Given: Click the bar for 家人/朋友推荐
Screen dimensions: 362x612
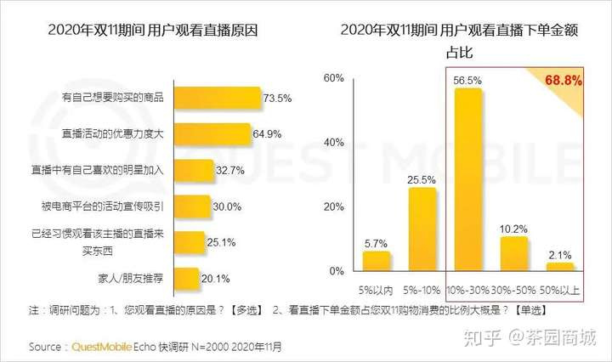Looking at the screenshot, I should (x=190, y=277).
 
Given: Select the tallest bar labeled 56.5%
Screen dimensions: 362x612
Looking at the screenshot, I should (x=468, y=178).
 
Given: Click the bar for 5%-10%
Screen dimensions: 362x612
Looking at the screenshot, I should (x=422, y=229).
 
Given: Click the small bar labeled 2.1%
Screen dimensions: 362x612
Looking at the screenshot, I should (x=560, y=267).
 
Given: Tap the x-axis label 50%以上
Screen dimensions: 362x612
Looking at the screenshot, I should (x=562, y=290).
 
